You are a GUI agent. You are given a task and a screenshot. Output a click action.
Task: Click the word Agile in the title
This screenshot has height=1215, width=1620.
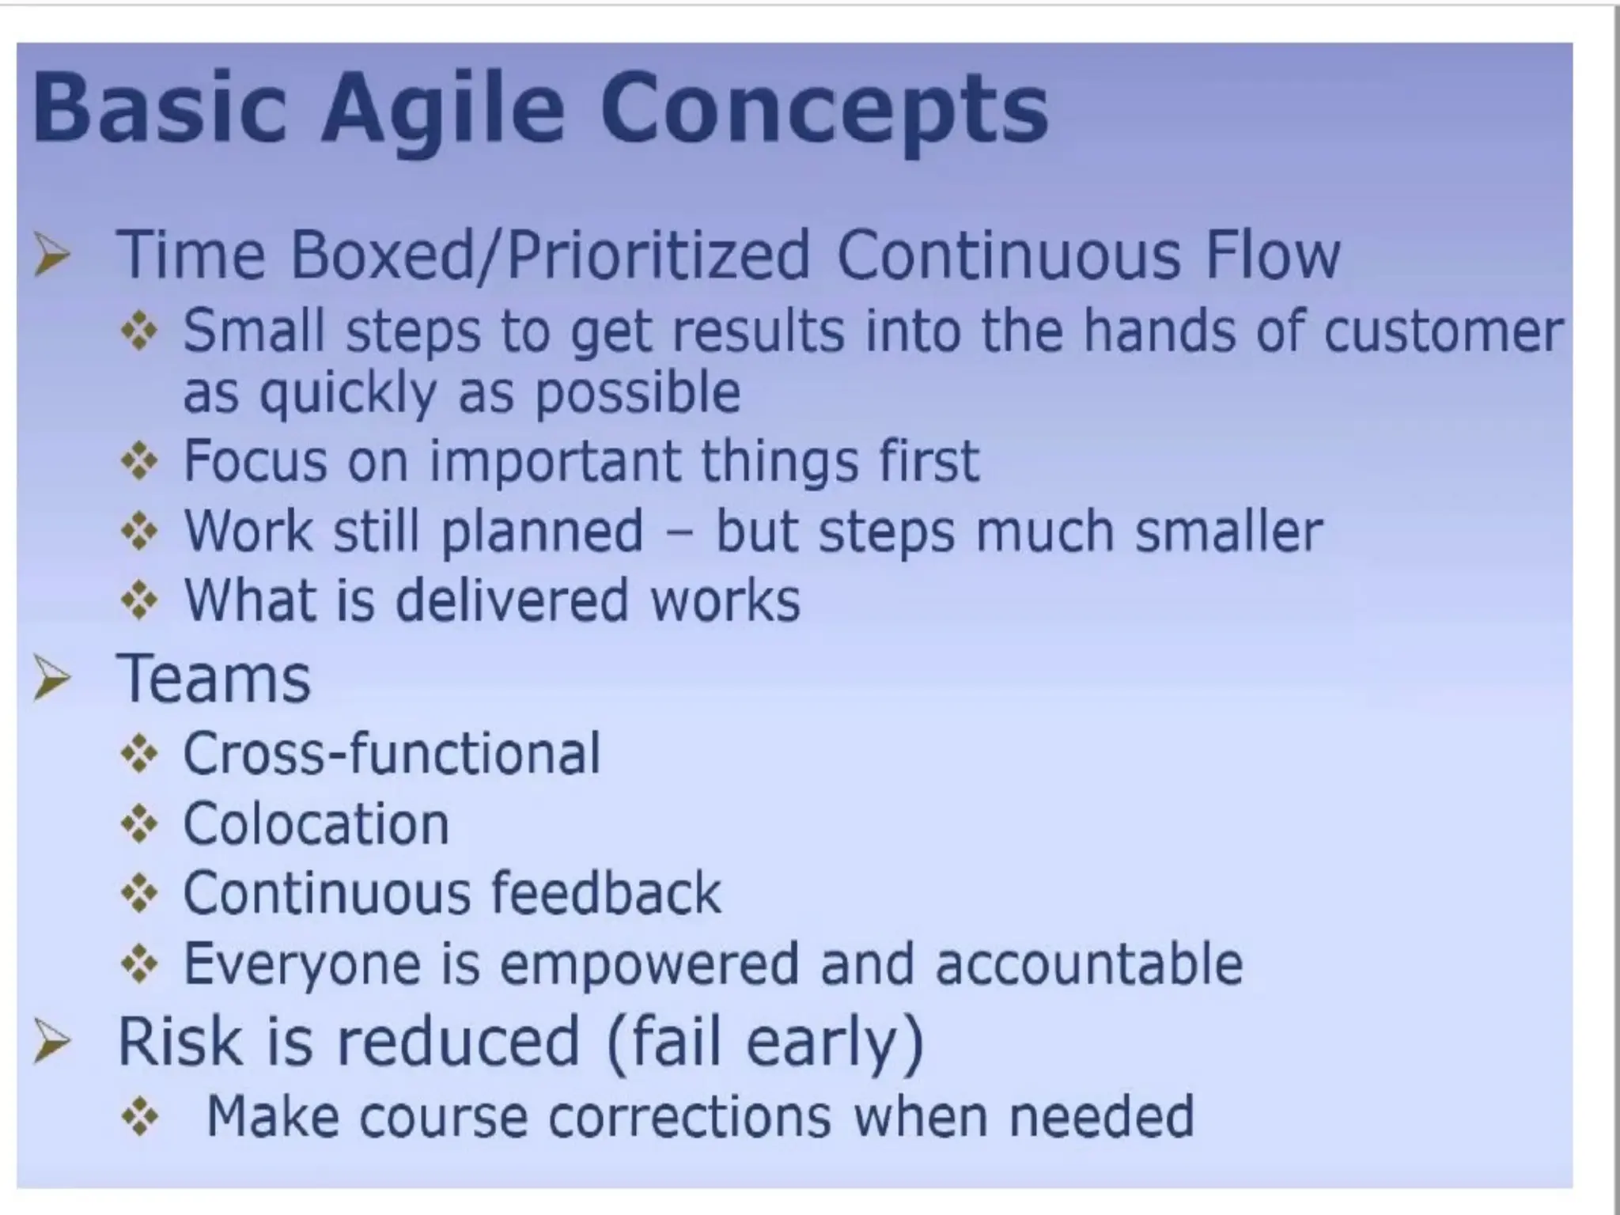443,109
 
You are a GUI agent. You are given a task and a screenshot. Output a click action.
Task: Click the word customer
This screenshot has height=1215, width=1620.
1443,331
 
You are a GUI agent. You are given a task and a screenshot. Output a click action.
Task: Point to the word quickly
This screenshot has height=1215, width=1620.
348,393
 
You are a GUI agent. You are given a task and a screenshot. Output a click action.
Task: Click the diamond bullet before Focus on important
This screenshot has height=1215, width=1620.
140,461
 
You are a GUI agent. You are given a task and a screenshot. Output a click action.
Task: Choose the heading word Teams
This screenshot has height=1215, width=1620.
214,679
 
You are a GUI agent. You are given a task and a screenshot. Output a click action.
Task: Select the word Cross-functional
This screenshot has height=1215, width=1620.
392,752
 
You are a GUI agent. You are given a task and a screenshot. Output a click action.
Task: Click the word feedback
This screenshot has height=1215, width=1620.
605,893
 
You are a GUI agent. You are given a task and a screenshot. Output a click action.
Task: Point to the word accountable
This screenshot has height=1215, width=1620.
1089,964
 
